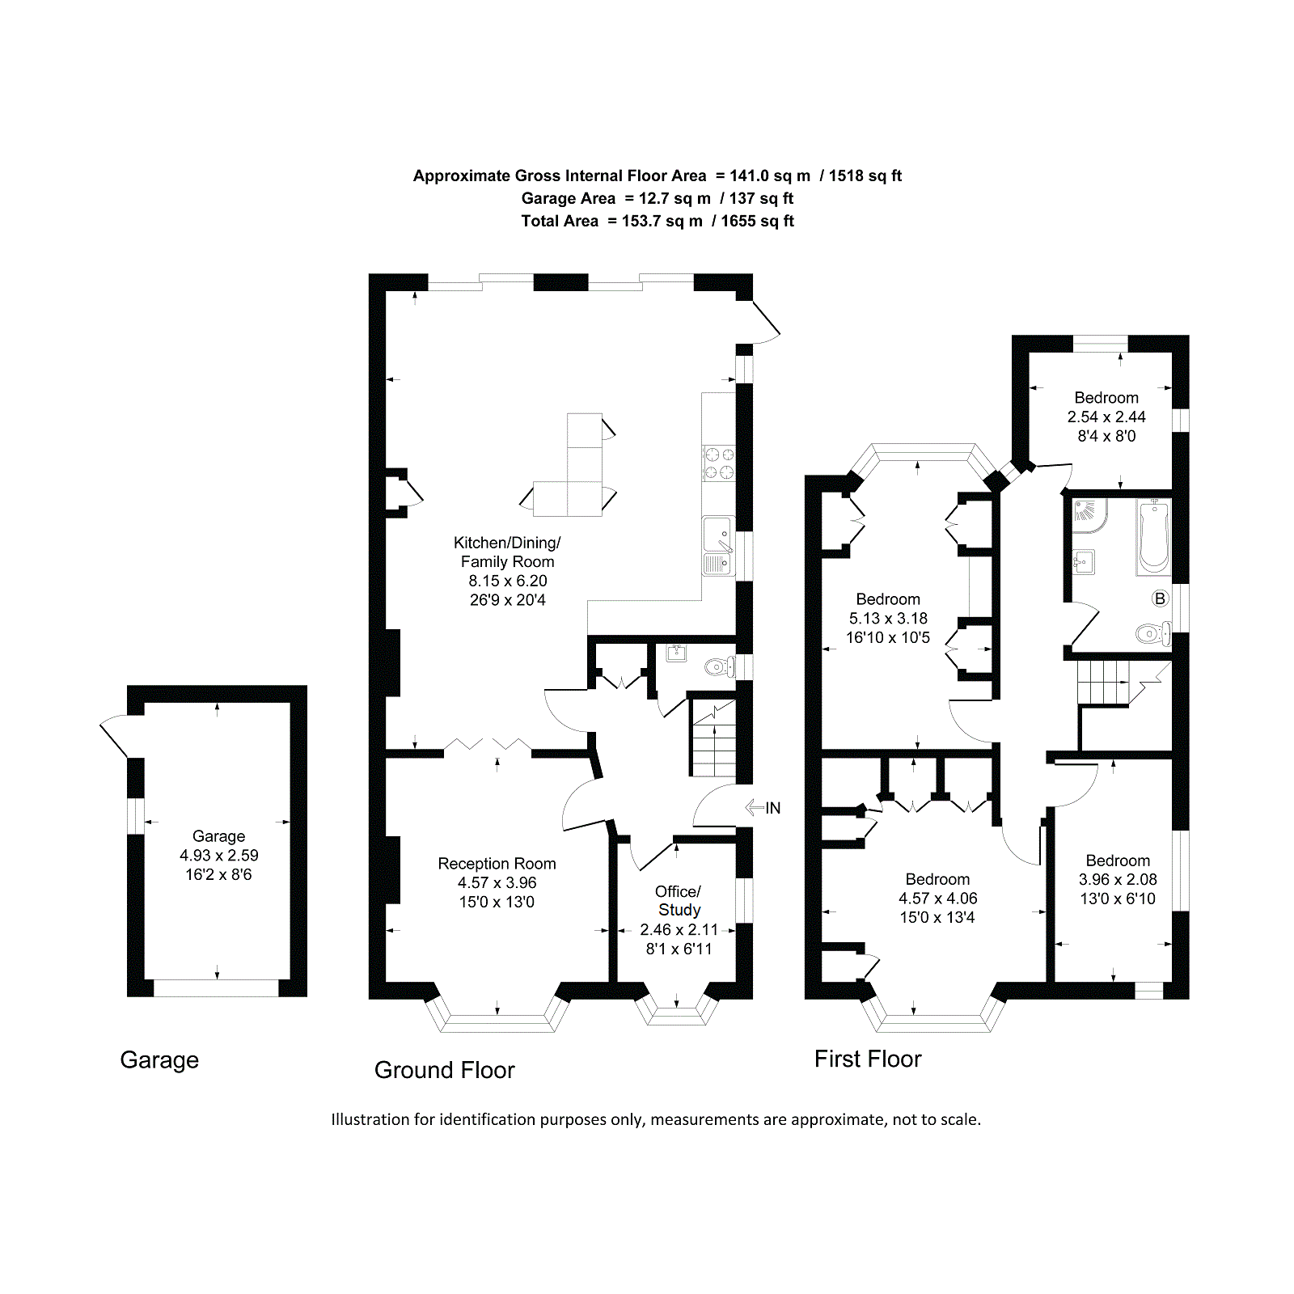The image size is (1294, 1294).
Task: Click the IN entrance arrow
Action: tap(755, 807)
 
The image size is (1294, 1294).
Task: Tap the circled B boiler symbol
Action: tap(1160, 598)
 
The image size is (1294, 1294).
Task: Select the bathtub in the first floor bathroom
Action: tap(1152, 536)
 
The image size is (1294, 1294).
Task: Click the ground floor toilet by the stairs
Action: tap(719, 667)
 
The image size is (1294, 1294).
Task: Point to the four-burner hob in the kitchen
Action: tap(718, 463)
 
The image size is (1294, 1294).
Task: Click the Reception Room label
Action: tap(497, 864)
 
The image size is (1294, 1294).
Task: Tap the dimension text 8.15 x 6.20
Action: tap(508, 581)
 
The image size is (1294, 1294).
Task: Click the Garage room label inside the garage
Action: tap(218, 836)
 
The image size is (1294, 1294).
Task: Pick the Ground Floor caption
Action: tap(444, 1070)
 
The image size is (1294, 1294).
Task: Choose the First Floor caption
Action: tap(868, 1059)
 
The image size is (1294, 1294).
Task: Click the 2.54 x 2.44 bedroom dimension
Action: tap(1106, 417)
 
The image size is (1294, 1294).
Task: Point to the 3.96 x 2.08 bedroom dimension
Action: tap(1118, 879)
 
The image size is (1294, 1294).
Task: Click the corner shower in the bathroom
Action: tap(1089, 515)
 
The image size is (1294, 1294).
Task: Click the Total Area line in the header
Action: tap(657, 221)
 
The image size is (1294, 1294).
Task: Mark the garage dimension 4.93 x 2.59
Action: tap(218, 855)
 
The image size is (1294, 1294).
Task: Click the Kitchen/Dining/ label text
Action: tap(507, 543)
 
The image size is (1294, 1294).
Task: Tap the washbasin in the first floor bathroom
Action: tap(1084, 561)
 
